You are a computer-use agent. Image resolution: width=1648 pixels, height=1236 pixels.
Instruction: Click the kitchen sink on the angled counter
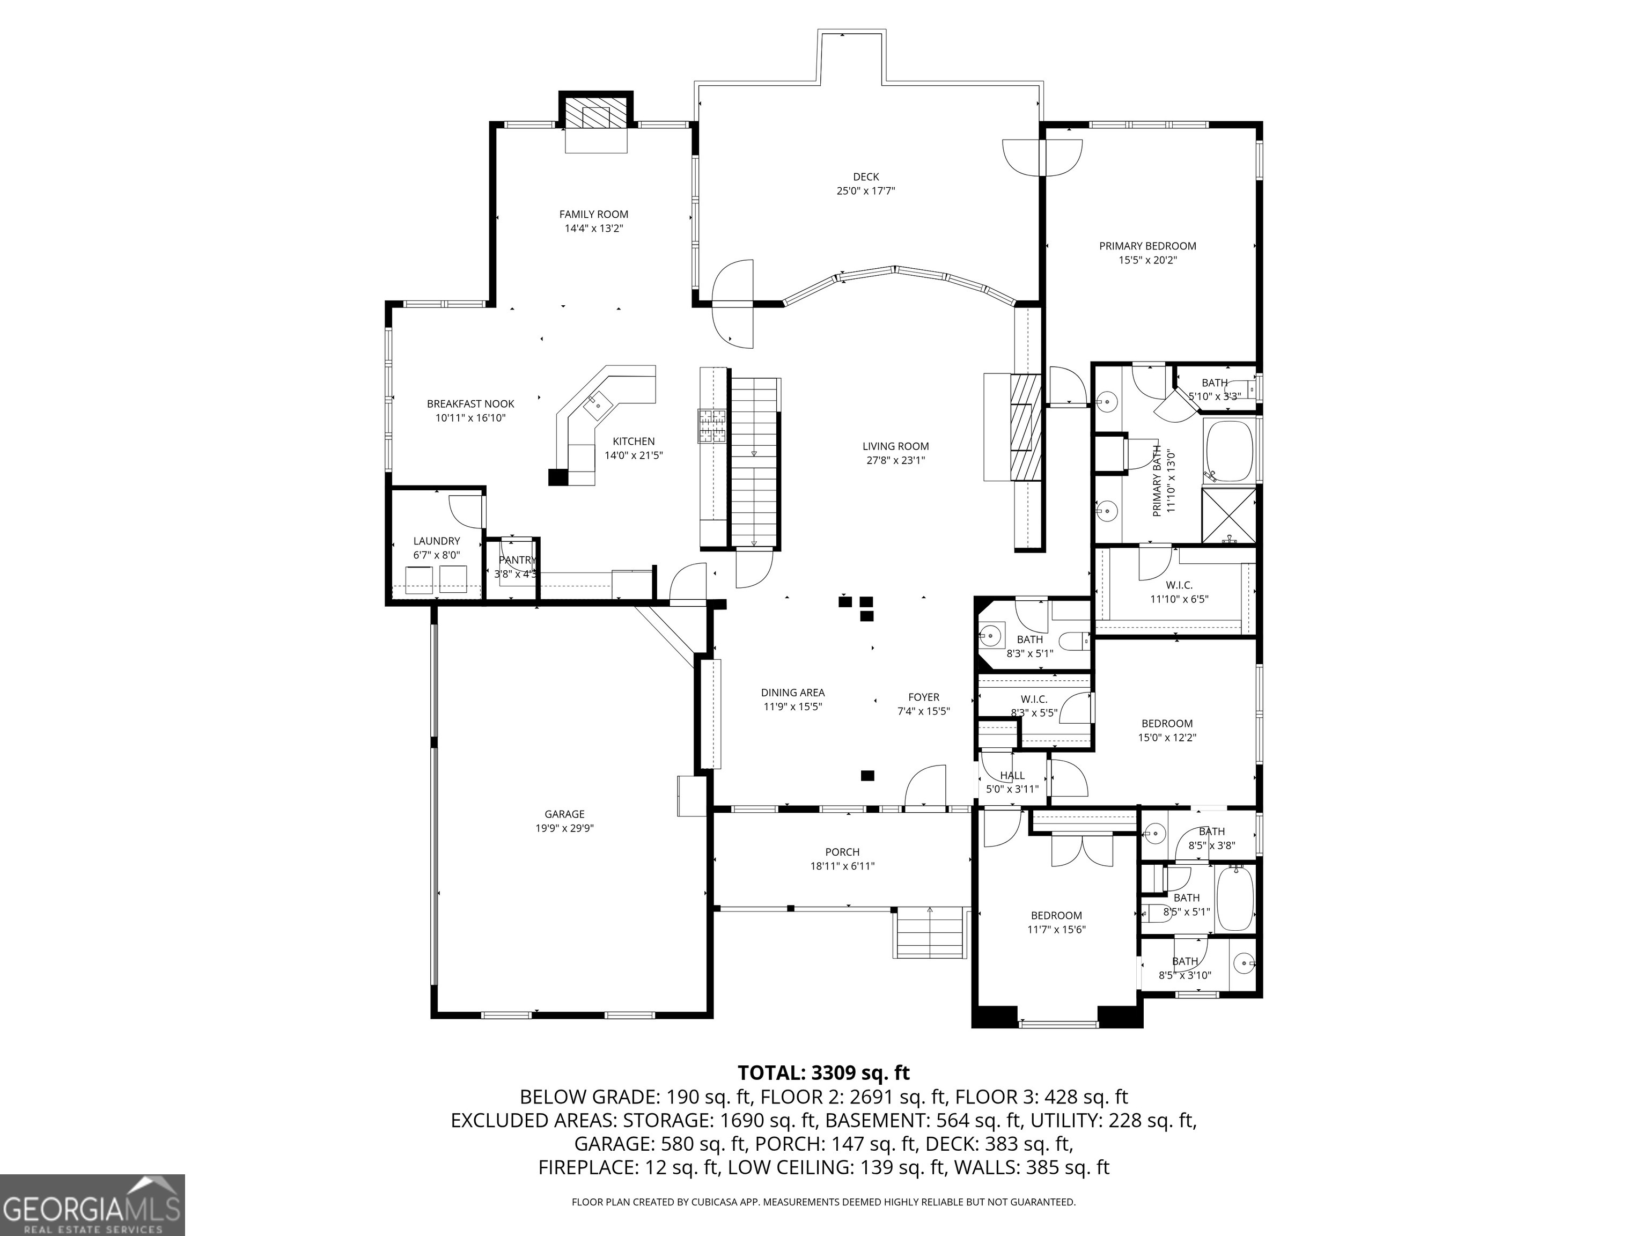click(598, 404)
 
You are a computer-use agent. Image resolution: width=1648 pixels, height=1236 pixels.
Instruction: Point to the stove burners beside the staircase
click(711, 426)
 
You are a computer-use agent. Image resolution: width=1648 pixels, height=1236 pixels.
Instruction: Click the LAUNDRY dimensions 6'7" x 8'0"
click(437, 555)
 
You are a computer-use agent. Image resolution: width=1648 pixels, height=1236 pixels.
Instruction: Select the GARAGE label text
click(564, 814)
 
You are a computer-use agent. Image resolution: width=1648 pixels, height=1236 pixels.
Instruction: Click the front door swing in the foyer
click(924, 788)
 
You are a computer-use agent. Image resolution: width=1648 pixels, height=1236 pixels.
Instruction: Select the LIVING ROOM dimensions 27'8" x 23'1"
click(895, 460)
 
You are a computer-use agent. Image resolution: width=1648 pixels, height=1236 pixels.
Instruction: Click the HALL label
click(1012, 776)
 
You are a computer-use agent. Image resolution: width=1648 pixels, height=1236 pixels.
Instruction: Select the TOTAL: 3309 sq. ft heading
click(823, 1073)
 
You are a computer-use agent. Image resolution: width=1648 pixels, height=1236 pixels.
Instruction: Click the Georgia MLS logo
click(92, 1205)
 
